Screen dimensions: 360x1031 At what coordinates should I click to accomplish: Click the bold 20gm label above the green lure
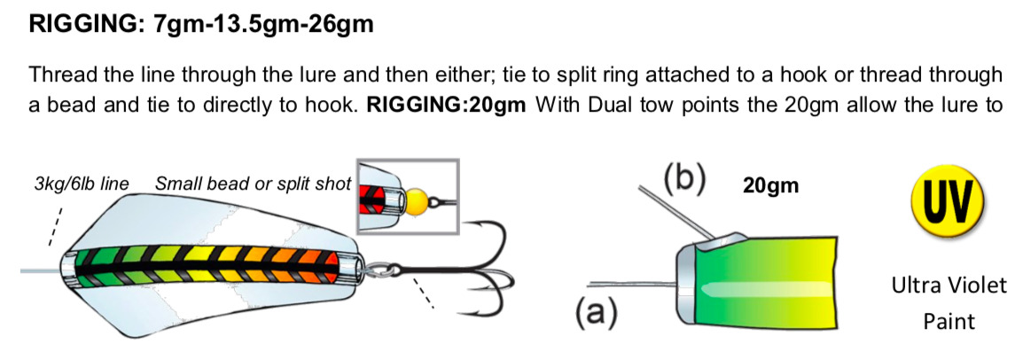click(771, 186)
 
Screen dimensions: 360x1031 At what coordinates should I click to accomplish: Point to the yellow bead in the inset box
click(416, 200)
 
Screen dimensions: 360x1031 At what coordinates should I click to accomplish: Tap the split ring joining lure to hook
click(377, 265)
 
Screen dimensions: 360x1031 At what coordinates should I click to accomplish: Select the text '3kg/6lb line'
click(80, 185)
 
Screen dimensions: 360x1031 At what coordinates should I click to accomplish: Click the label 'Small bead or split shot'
click(253, 185)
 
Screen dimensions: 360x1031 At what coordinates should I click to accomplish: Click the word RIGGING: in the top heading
click(82, 24)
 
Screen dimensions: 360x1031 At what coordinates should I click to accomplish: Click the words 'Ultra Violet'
click(949, 286)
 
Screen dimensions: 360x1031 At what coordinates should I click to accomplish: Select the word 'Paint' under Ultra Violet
click(949, 320)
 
